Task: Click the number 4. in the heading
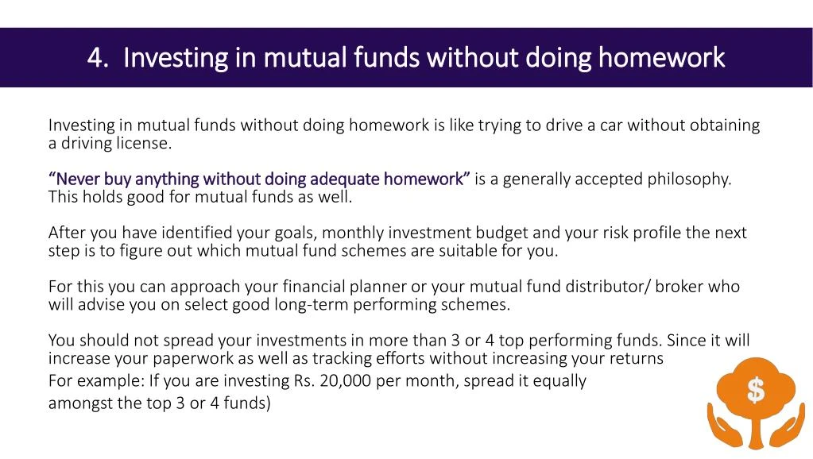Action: [x=98, y=57]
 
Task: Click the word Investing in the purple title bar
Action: [x=176, y=58]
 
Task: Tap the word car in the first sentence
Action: [x=611, y=125]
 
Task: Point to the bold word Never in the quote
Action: [x=75, y=179]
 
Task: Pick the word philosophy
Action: [x=690, y=179]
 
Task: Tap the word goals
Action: [x=292, y=233]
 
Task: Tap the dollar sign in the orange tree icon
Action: [x=756, y=390]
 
